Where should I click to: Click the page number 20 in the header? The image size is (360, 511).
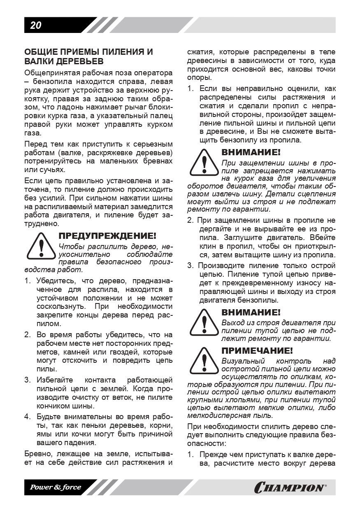point(36,26)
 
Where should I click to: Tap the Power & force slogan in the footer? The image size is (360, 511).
point(55,488)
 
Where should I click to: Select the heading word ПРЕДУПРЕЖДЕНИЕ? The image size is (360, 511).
point(107,236)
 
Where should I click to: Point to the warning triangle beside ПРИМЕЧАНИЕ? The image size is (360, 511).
point(204,359)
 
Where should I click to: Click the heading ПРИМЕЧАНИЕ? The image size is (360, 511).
point(257,351)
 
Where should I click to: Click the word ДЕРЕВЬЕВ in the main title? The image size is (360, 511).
point(75,61)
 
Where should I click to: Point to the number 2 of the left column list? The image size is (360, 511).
point(28,334)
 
